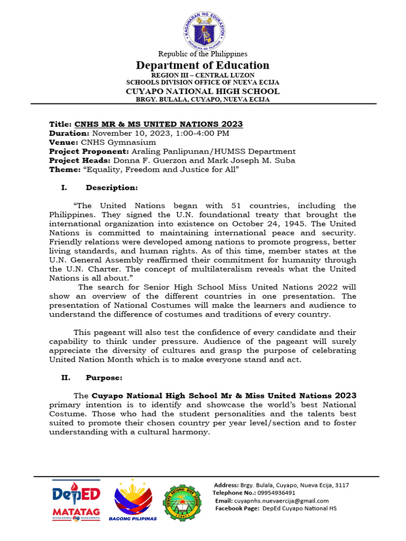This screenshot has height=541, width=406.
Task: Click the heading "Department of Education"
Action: (x=202, y=66)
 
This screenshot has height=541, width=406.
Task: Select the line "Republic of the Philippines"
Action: (x=202, y=54)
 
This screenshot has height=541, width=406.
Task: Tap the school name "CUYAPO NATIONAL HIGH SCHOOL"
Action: (x=202, y=91)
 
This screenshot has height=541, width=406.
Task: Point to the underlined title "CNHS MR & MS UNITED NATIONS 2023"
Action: (x=159, y=124)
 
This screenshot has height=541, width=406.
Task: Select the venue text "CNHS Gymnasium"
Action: (x=118, y=142)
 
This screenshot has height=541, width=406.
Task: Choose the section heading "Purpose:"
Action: (x=104, y=378)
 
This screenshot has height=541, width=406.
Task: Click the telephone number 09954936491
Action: (x=276, y=493)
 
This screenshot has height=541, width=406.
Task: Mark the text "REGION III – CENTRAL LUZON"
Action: (x=202, y=76)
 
